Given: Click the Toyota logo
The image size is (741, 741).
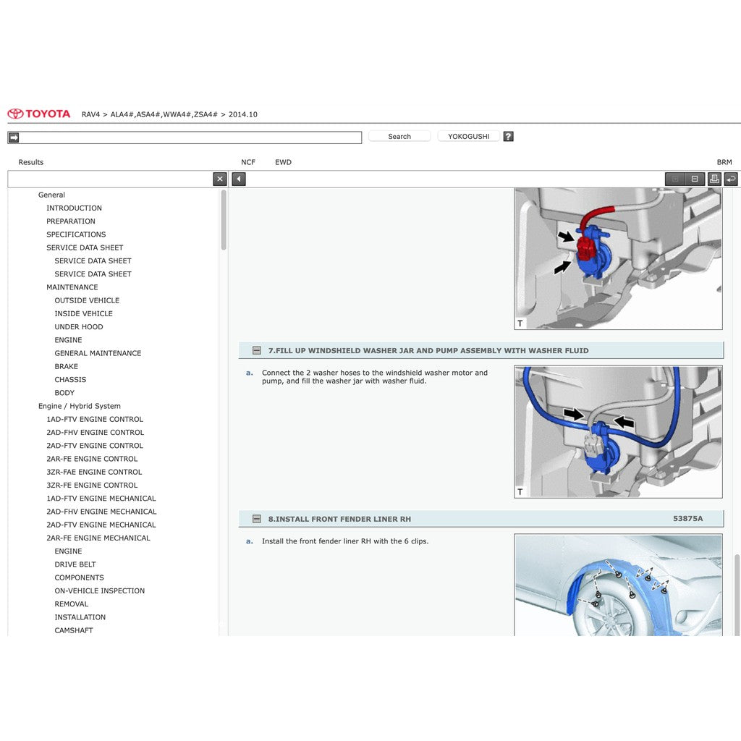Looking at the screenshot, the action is click(39, 114).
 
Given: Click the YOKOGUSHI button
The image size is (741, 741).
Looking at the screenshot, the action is click(468, 136).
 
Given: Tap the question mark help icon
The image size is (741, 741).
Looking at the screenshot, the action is click(508, 136).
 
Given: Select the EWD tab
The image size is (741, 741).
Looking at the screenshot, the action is click(283, 162).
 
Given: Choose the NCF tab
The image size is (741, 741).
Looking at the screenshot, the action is click(248, 162).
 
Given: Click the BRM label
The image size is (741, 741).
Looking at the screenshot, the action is click(724, 162).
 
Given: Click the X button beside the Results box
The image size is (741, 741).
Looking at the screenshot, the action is click(220, 179).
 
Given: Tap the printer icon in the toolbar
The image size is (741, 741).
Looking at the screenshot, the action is click(714, 179).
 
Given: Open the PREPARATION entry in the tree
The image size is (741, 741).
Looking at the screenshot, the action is click(71, 221).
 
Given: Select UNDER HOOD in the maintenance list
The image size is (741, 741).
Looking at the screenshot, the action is click(78, 326).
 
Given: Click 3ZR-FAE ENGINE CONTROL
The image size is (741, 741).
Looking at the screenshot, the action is click(94, 472).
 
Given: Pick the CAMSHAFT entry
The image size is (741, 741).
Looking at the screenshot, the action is click(74, 630).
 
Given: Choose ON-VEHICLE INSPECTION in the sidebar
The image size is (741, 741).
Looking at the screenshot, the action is click(100, 590).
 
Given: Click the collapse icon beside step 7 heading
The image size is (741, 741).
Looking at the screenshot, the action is click(257, 350).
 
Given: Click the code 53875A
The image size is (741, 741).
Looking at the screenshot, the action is click(687, 518).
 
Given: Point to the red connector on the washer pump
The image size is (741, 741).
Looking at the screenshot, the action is click(586, 247).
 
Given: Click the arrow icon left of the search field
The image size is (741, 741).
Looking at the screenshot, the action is click(14, 137).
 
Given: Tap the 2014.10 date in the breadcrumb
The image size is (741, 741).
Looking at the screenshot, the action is click(243, 114).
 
